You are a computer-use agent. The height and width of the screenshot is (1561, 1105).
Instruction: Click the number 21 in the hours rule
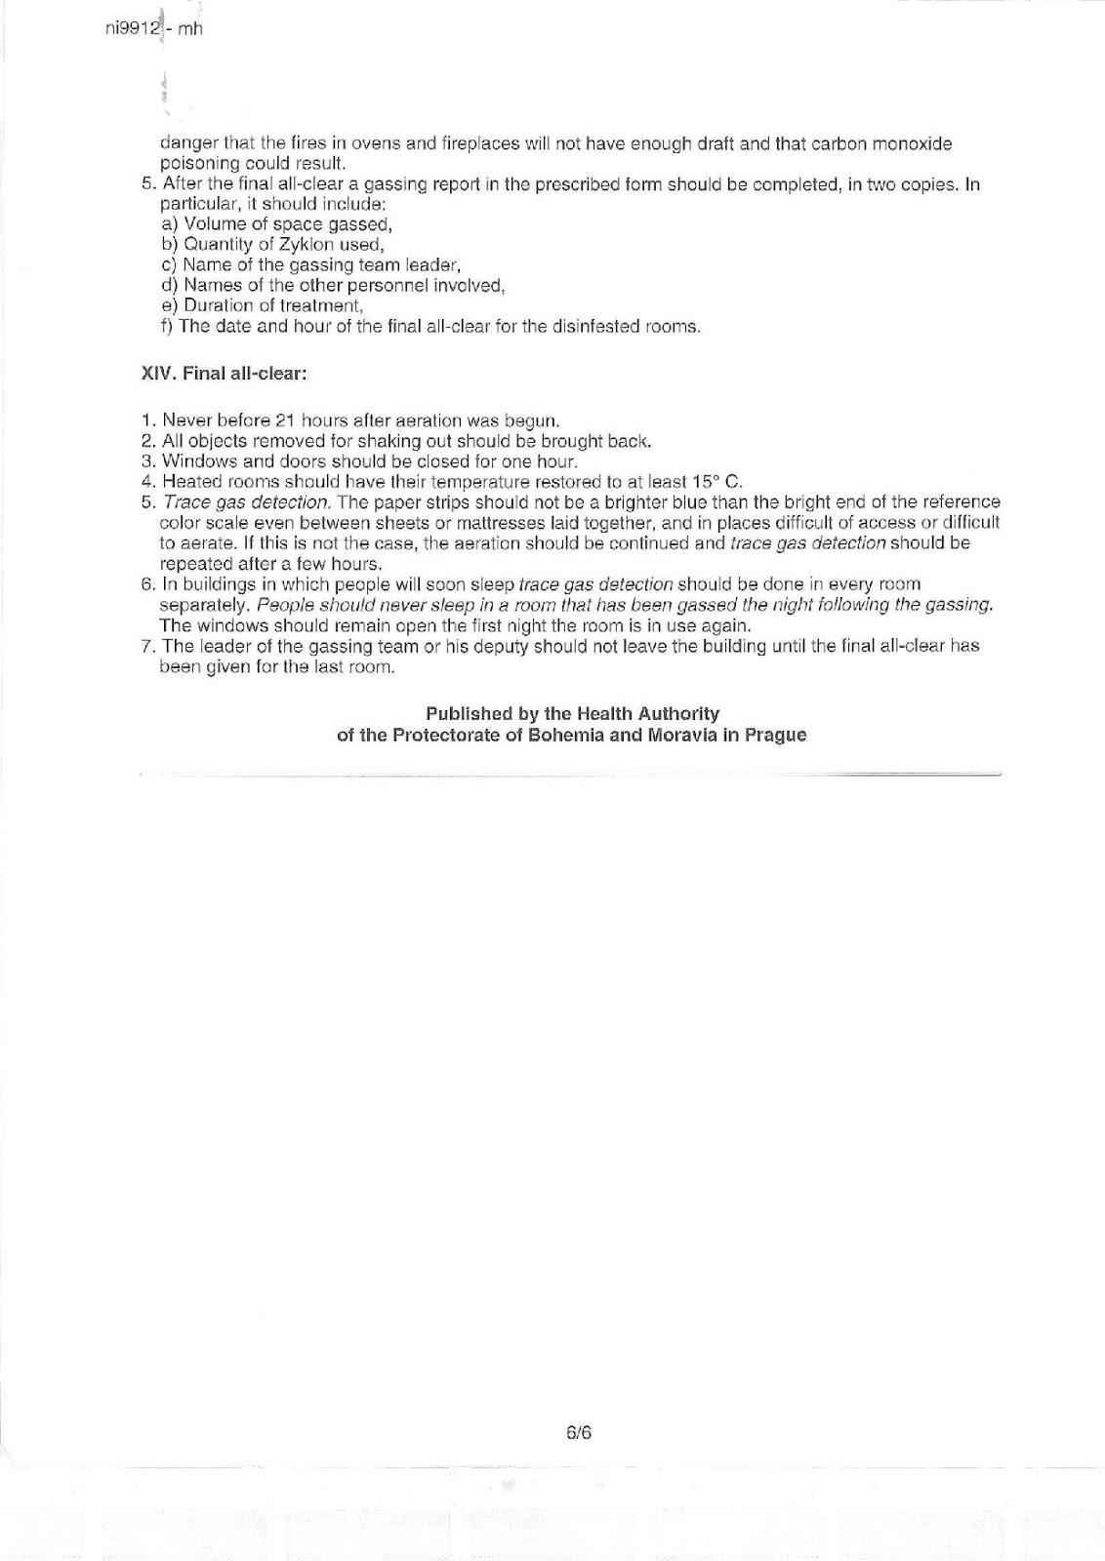(x=285, y=420)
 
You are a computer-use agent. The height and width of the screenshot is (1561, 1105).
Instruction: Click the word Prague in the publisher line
(x=775, y=735)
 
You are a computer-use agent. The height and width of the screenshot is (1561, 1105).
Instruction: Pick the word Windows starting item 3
(x=194, y=461)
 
